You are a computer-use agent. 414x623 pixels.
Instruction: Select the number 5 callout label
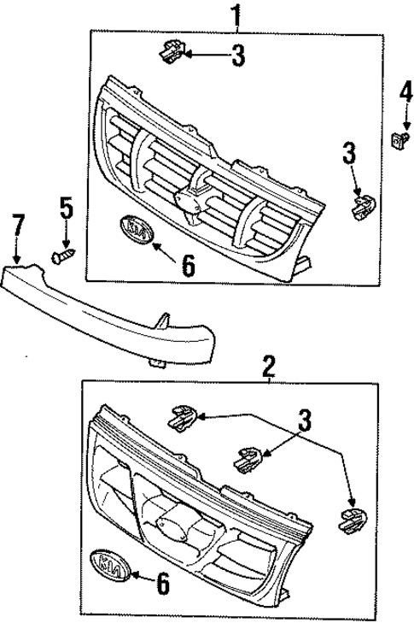[x=66, y=208]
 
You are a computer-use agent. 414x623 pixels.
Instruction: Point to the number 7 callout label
[x=18, y=228]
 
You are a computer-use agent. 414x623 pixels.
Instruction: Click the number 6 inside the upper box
[x=188, y=265]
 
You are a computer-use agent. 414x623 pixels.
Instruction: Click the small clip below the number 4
[x=399, y=138]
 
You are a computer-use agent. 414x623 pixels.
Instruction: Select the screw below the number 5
[x=64, y=254]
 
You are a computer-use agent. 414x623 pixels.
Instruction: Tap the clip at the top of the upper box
[x=170, y=52]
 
